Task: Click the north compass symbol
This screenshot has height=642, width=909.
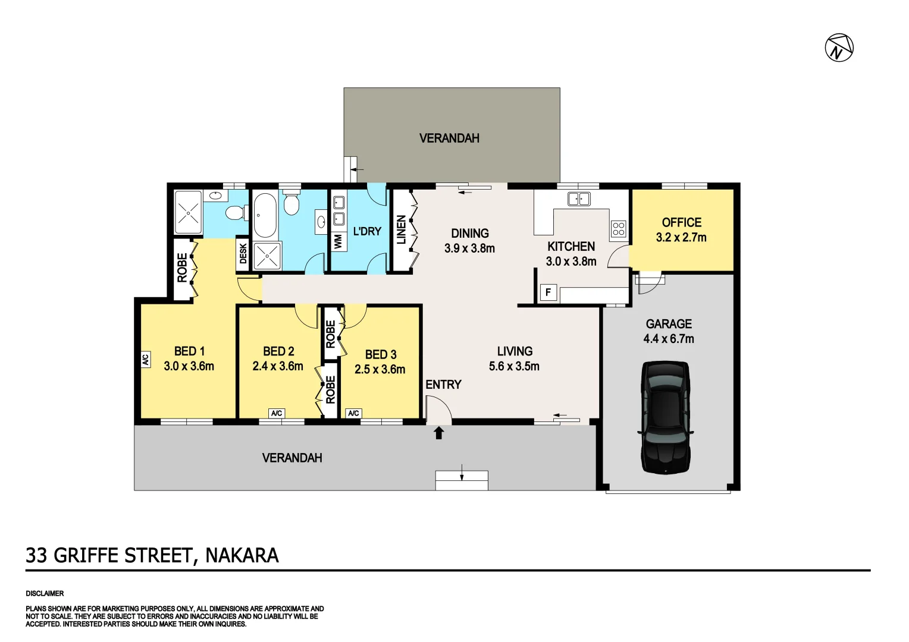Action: (x=839, y=48)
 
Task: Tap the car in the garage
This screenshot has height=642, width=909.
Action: (x=666, y=417)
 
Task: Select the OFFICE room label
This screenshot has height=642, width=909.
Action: (x=681, y=222)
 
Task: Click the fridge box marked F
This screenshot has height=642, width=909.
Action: (x=548, y=292)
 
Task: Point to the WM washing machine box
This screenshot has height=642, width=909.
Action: (x=338, y=241)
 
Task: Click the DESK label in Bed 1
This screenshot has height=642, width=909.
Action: (x=243, y=254)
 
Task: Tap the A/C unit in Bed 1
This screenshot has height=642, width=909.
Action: (x=145, y=359)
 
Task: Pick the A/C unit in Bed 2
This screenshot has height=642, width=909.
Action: (x=276, y=413)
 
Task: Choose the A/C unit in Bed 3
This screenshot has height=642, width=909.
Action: (x=353, y=413)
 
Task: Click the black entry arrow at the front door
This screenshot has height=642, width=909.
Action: (x=439, y=433)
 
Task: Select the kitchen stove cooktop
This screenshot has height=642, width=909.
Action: (x=618, y=228)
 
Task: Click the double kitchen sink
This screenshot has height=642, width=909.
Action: (x=578, y=199)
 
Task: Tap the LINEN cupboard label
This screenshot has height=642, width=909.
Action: (x=402, y=229)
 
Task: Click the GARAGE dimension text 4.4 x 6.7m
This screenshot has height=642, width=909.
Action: (x=668, y=339)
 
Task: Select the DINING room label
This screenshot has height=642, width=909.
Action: (x=469, y=234)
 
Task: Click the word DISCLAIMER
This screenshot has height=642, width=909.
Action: (x=45, y=593)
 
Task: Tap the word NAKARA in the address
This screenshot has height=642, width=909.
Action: (x=242, y=555)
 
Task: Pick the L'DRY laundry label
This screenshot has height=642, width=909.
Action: (x=366, y=231)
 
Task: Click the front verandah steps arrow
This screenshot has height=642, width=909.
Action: (x=462, y=474)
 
